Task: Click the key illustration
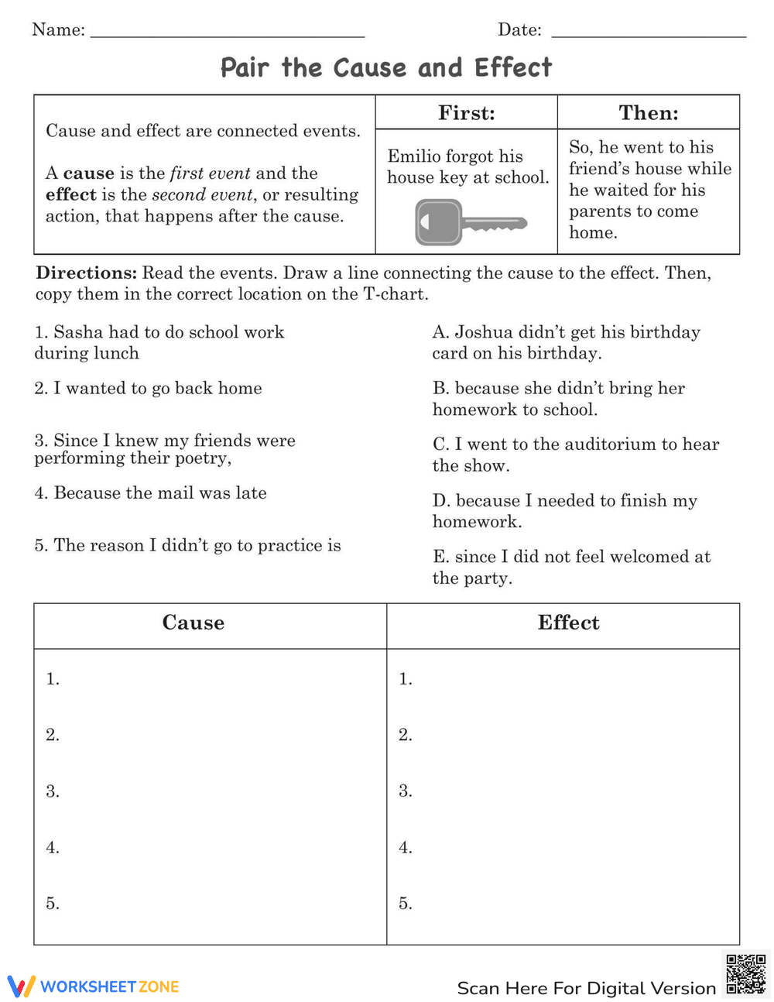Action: click(x=470, y=223)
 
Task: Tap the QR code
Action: click(x=746, y=974)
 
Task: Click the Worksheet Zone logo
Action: click(x=93, y=987)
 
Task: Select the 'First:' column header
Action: click(x=466, y=113)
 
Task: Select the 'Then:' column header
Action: click(x=649, y=113)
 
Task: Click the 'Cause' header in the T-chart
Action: click(x=193, y=623)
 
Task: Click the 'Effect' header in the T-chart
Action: click(x=568, y=623)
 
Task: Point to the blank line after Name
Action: click(x=227, y=35)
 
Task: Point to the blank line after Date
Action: click(x=649, y=35)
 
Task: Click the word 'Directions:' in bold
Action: click(x=86, y=273)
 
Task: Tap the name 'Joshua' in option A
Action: click(x=484, y=332)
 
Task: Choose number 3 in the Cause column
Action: click(x=53, y=791)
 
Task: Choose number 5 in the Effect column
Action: click(x=406, y=904)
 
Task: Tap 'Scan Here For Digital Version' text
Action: click(x=586, y=988)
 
